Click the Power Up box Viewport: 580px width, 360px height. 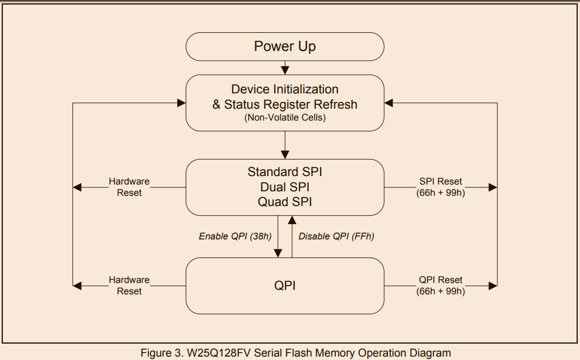[285, 46]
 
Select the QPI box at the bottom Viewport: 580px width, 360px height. [285, 286]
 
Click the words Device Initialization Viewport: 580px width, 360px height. [285, 89]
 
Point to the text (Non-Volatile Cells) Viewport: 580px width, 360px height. [285, 118]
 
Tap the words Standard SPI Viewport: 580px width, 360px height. [285, 172]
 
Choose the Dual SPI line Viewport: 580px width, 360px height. [285, 186]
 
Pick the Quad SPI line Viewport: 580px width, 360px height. [285, 202]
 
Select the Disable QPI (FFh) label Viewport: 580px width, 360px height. [336, 237]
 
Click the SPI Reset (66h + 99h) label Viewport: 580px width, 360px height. [441, 187]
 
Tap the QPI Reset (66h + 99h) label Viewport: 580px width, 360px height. [441, 285]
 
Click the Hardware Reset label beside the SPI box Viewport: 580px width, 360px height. [129, 187]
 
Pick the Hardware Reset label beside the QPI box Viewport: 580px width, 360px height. [129, 285]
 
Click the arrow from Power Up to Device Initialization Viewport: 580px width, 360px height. [285, 68]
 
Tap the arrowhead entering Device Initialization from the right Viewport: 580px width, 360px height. [389, 103]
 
